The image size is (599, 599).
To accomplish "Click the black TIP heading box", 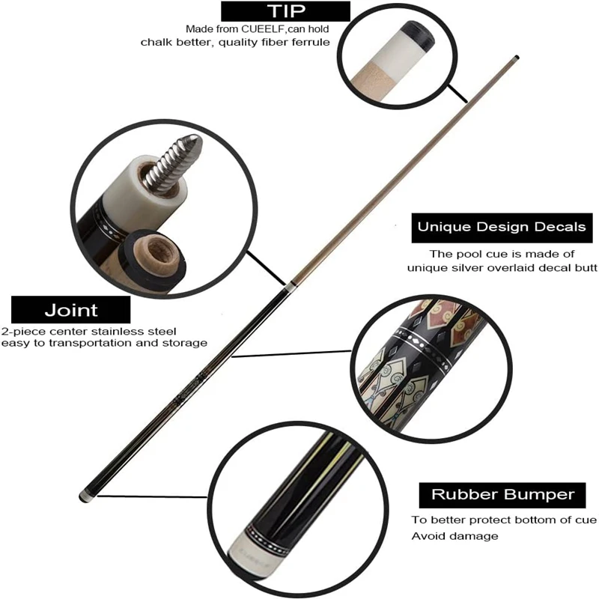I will point(285,10).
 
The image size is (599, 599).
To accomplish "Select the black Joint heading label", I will point(71,309).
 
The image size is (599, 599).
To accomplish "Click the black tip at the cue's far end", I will point(517,57).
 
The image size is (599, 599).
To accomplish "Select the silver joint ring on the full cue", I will point(288,286).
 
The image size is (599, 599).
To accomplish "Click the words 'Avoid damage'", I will point(454,536).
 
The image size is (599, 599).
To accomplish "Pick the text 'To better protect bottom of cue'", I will point(503,520).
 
